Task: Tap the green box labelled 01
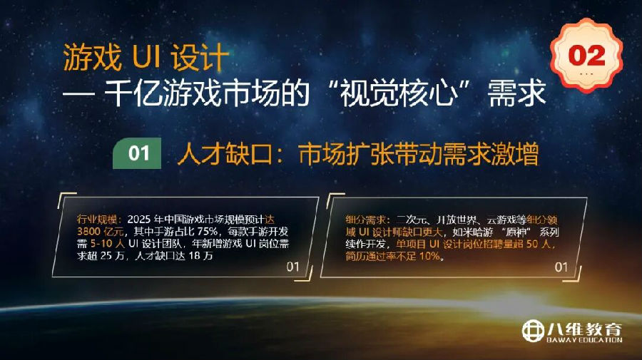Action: tap(139, 154)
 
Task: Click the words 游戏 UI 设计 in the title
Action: tap(146, 56)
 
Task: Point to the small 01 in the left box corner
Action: tap(293, 267)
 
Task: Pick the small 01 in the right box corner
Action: tap(561, 267)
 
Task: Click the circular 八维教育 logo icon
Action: tap(533, 331)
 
